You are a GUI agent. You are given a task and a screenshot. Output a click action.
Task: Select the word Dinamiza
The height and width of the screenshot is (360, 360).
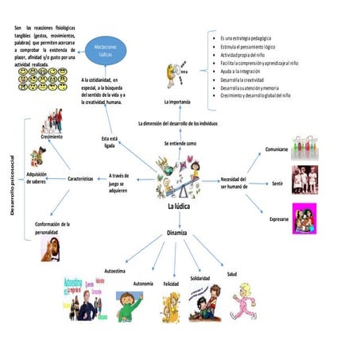pyautogui.click(x=176, y=233)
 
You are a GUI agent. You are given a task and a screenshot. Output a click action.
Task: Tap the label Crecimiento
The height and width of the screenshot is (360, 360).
pyautogui.click(x=52, y=137)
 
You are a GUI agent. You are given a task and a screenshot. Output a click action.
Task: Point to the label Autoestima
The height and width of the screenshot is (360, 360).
pyautogui.click(x=114, y=271)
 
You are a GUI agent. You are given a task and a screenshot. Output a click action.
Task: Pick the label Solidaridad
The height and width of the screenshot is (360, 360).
pyautogui.click(x=199, y=278)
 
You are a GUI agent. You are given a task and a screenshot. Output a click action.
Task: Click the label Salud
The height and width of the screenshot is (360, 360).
pyautogui.click(x=231, y=273)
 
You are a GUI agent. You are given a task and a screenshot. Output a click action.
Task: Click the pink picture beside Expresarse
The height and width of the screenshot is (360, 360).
pyautogui.click(x=303, y=218)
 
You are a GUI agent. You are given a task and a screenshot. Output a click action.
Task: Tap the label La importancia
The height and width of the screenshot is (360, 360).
pyautogui.click(x=177, y=103)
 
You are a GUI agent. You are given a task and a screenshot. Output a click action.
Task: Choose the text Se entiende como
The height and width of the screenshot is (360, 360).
pyautogui.click(x=180, y=143)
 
